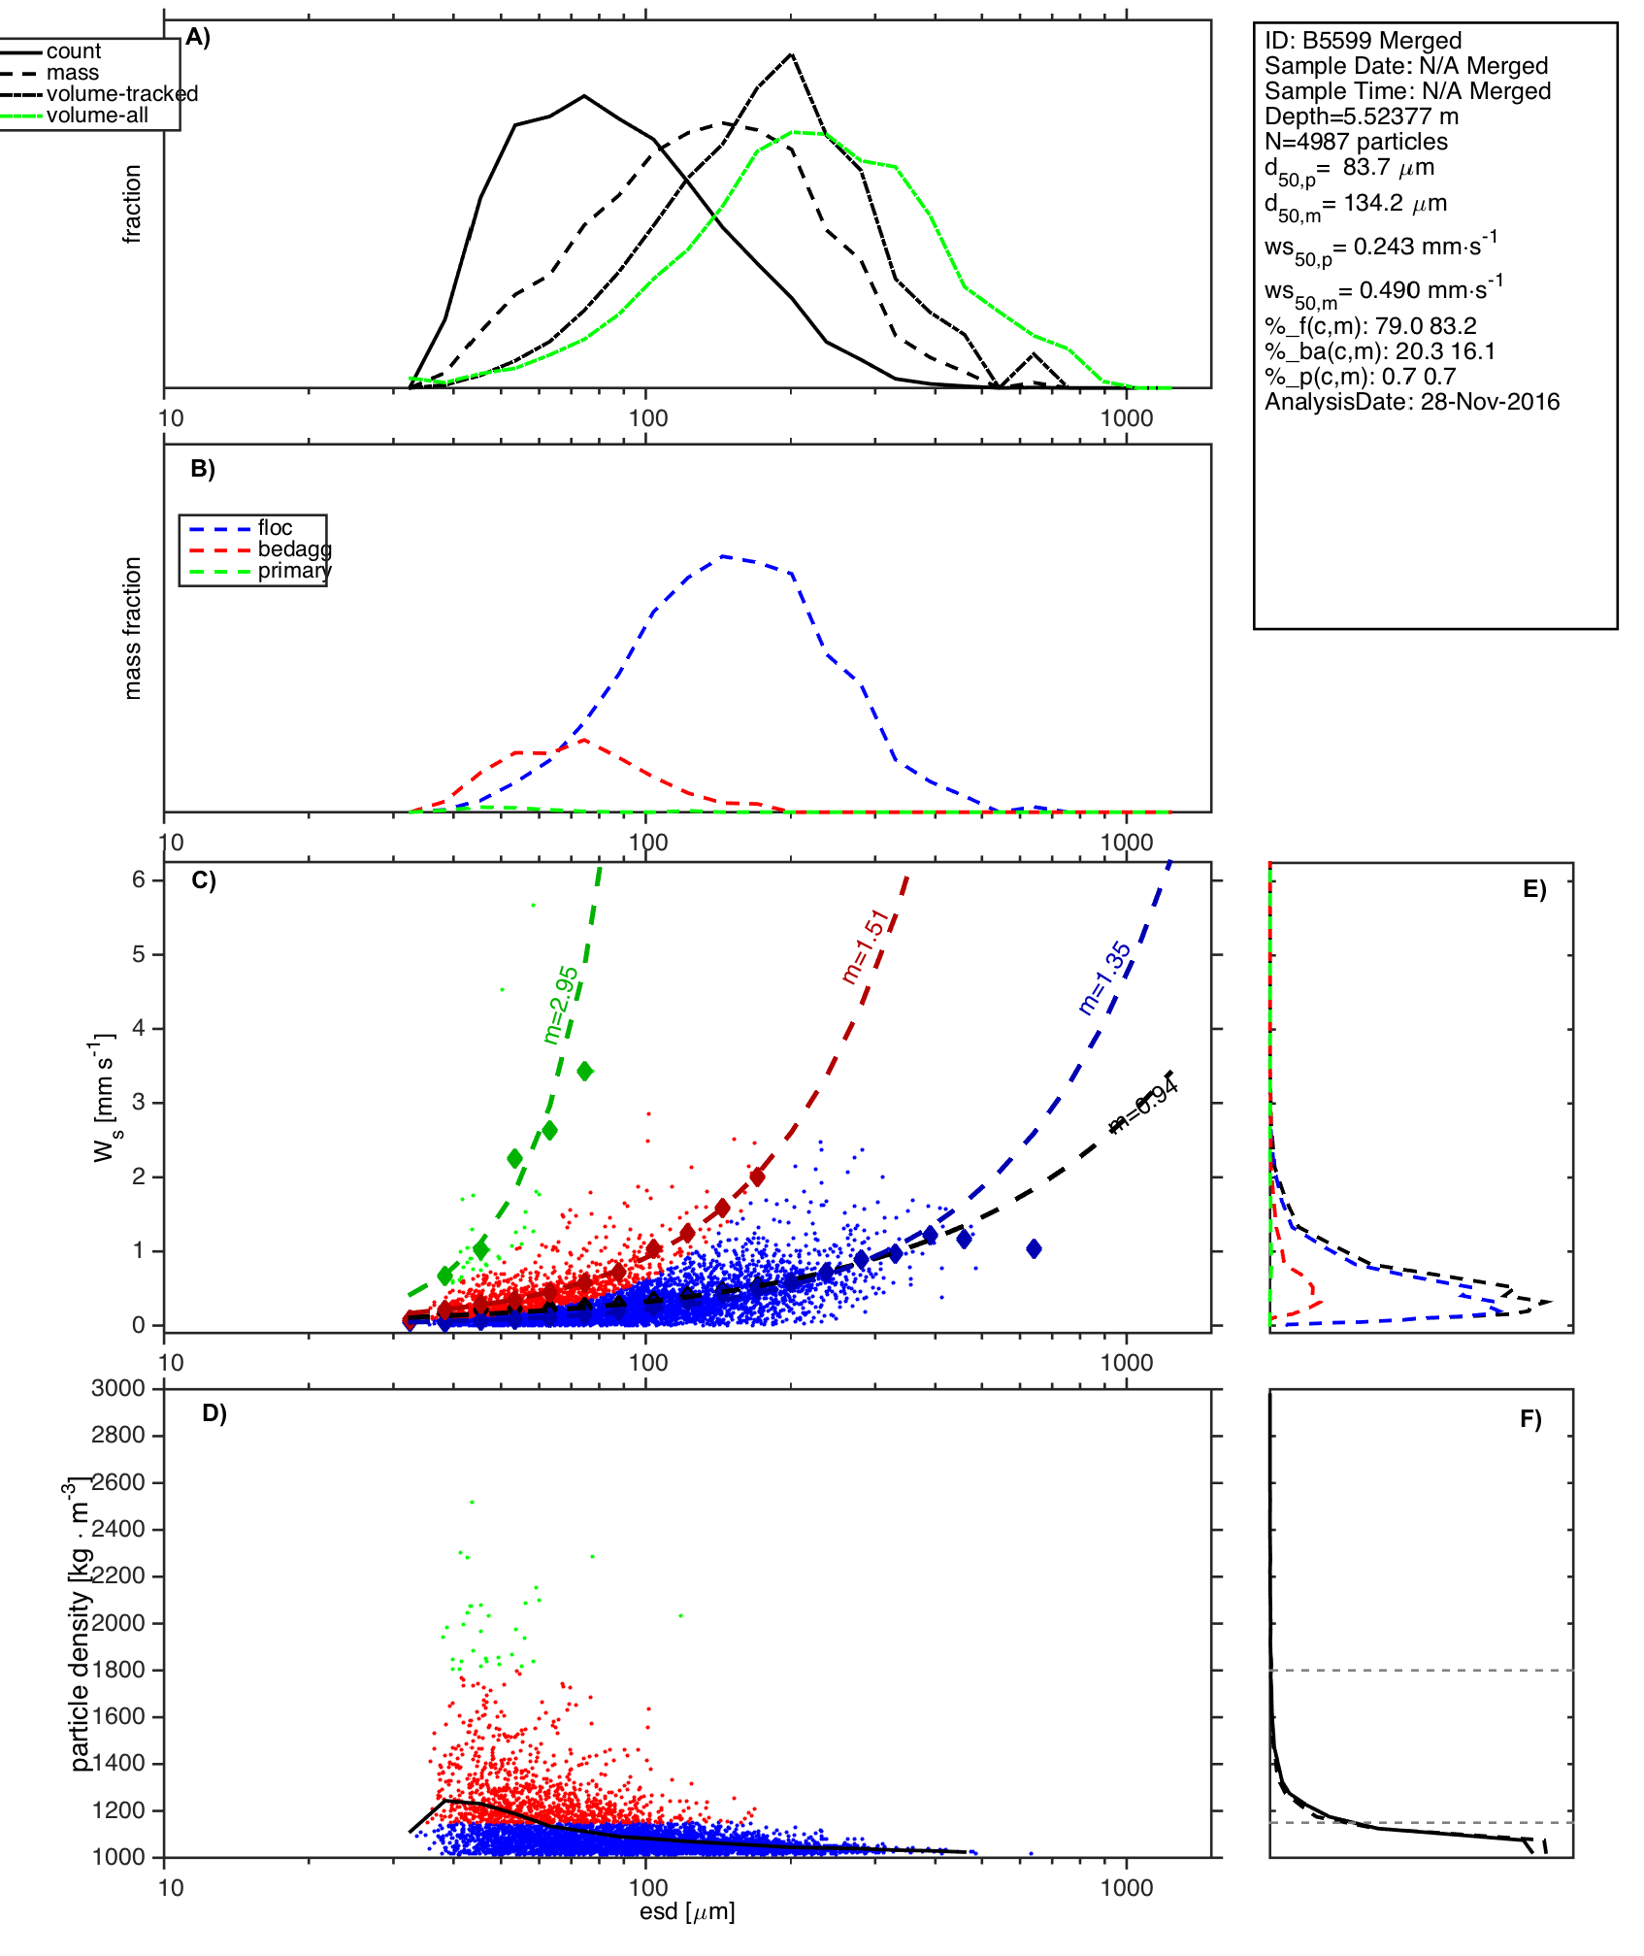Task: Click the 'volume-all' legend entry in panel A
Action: (x=97, y=116)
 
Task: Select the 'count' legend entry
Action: (x=73, y=51)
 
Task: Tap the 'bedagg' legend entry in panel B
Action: (x=293, y=549)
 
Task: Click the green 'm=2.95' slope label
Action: (x=561, y=1005)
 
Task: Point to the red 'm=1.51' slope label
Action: (x=865, y=946)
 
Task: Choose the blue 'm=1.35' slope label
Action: (x=1104, y=978)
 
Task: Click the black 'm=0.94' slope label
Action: (x=1145, y=1106)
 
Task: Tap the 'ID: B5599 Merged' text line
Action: (x=1363, y=41)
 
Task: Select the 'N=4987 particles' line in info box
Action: (x=1356, y=142)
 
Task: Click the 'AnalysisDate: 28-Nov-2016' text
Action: (x=1412, y=402)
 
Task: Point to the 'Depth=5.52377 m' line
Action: (x=1362, y=116)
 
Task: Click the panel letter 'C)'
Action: (x=204, y=880)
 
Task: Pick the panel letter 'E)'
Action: (x=1534, y=890)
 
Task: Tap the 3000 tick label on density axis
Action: (x=118, y=1388)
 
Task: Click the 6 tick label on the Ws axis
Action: (x=139, y=879)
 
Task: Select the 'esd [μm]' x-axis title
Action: (x=687, y=1911)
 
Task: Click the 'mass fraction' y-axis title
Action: (x=133, y=628)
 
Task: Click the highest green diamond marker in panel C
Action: (x=584, y=1072)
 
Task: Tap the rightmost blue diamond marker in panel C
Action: (x=1034, y=1248)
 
